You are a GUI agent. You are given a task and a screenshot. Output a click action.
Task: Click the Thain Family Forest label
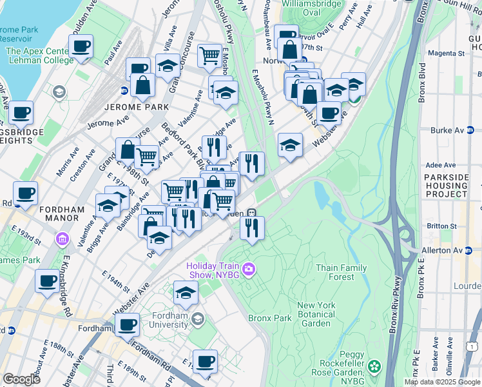pyautogui.click(x=341, y=272)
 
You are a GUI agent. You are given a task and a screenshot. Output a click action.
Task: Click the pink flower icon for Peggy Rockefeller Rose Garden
pyautogui.click(x=375, y=367)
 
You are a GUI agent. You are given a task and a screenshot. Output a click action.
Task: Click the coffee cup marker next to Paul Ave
pyautogui.click(x=81, y=46)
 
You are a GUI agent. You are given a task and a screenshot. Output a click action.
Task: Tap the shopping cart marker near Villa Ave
pyautogui.click(x=209, y=56)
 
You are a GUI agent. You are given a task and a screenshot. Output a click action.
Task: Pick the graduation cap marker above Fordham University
pyautogui.click(x=186, y=293)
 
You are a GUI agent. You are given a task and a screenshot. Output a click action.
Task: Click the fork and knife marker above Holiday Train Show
pyautogui.click(x=252, y=228)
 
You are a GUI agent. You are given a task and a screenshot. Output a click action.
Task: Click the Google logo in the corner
pyautogui.click(x=21, y=379)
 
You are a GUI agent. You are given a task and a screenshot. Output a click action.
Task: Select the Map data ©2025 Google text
pyautogui.click(x=442, y=382)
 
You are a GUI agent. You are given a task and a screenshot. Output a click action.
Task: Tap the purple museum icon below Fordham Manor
pyautogui.click(x=62, y=240)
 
